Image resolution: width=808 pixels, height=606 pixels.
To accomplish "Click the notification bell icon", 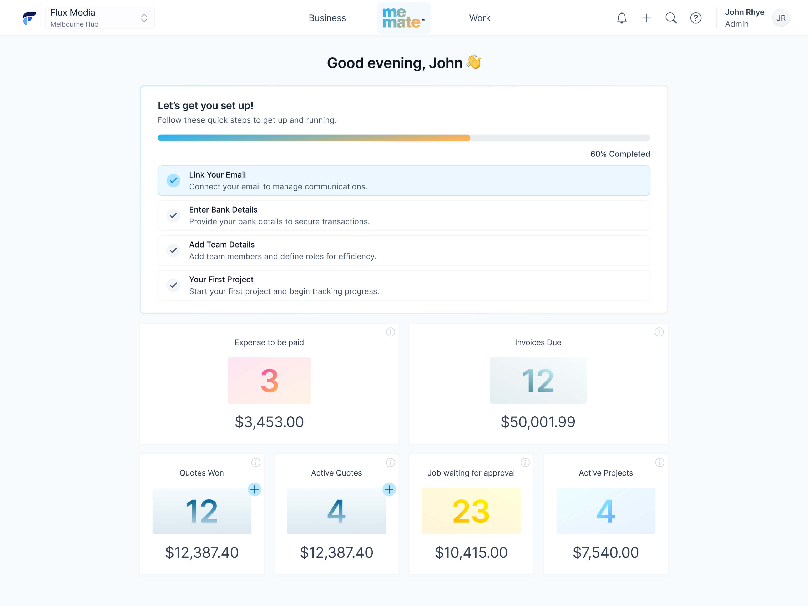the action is [x=622, y=18].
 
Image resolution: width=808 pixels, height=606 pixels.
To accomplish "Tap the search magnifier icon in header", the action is [x=671, y=18].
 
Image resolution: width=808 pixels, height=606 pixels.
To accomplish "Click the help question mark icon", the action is [x=696, y=18].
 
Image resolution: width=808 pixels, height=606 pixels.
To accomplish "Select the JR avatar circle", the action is [x=781, y=18].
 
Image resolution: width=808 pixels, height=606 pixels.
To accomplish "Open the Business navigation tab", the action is [x=327, y=18].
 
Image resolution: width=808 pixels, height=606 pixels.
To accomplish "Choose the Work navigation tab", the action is [x=479, y=18].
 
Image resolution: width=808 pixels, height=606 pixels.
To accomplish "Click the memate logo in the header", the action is [x=404, y=18].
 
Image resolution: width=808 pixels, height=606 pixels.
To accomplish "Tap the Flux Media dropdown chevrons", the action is [x=144, y=18].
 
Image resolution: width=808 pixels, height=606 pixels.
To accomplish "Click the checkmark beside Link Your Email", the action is [x=174, y=180].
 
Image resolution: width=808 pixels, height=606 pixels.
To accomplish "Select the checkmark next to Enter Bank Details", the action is [x=174, y=215].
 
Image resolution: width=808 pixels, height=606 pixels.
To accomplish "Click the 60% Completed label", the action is [x=620, y=154].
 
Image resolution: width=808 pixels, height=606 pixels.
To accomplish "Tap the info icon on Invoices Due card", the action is [x=659, y=332].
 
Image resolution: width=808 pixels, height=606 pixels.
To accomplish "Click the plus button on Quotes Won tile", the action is [x=255, y=489].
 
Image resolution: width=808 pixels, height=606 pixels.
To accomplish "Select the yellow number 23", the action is [x=471, y=511].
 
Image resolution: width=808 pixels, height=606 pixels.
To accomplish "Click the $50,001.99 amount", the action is [x=538, y=422].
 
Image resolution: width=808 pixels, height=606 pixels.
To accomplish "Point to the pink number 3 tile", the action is [x=270, y=381].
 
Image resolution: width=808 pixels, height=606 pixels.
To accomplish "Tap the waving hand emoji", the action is [x=474, y=62].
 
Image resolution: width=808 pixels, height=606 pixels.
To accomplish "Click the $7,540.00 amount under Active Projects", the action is [x=606, y=552].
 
